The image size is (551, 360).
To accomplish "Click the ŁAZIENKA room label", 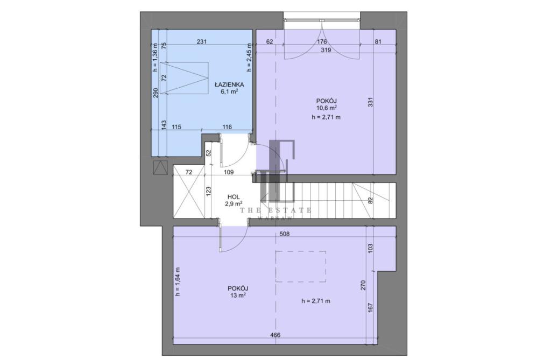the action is coord(229,84).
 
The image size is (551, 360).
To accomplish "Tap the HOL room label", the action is coord(234,197).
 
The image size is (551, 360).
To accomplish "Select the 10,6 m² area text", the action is coord(327,108).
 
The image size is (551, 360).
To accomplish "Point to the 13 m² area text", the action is coord(237,295).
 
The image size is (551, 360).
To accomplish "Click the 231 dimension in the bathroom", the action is coord(202,42).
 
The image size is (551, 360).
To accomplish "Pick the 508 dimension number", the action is coord(285,234).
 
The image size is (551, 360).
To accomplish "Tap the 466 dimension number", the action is coord(275,335).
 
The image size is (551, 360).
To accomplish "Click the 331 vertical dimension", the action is coord(370,102).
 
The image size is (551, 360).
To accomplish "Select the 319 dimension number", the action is coord(326,50).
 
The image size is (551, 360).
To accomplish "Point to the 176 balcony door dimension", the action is coord(322,42).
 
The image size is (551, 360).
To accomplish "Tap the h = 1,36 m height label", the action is coord(156,57).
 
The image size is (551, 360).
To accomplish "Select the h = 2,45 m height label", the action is coord(249,57).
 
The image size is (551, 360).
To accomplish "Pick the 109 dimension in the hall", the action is coord(229,173).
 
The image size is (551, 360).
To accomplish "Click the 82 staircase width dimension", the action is coord(370,200).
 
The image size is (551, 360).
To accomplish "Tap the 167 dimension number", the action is coord(370,308).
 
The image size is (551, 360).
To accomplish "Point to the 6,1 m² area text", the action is coord(229,91).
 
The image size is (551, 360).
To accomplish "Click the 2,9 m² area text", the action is coord(234,203).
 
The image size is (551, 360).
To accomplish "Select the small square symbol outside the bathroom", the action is coord(161,167).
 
